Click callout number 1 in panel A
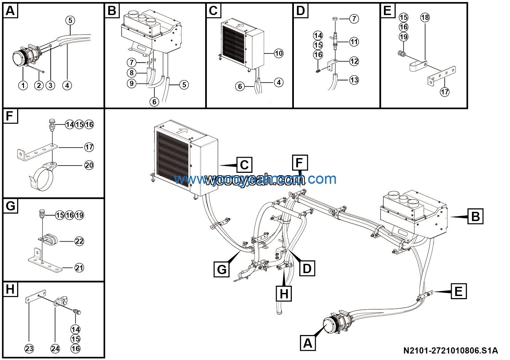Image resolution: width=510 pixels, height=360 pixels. (23, 85)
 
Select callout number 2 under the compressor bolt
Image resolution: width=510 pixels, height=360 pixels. (39, 85)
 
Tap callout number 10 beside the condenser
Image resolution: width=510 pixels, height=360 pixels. (279, 53)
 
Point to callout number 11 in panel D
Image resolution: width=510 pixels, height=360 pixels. (354, 42)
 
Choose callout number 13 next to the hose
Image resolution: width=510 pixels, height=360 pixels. (354, 80)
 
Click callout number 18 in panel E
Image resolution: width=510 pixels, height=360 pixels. (425, 17)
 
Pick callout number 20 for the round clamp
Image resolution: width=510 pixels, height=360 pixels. (89, 165)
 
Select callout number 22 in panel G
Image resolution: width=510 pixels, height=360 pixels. (79, 241)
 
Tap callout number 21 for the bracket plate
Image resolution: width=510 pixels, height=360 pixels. (79, 268)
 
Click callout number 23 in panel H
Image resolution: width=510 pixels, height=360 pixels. (29, 349)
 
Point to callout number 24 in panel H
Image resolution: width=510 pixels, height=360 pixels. (55, 349)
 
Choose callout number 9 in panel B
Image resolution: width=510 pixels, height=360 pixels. (132, 83)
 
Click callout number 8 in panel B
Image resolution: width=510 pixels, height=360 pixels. (132, 73)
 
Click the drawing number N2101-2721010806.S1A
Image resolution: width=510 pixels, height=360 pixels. (450, 351)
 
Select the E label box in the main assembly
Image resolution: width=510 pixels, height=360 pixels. (458, 292)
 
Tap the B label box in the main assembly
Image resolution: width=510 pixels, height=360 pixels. (475, 217)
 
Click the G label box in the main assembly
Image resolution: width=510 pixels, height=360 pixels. (222, 269)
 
